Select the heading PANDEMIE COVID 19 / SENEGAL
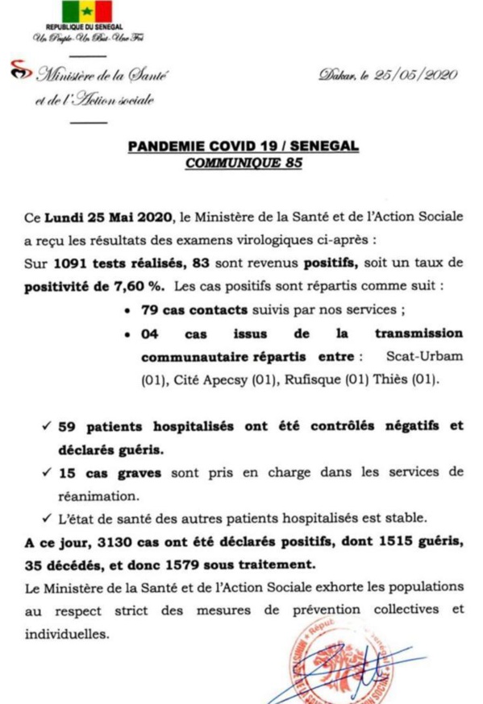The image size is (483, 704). (242, 147)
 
